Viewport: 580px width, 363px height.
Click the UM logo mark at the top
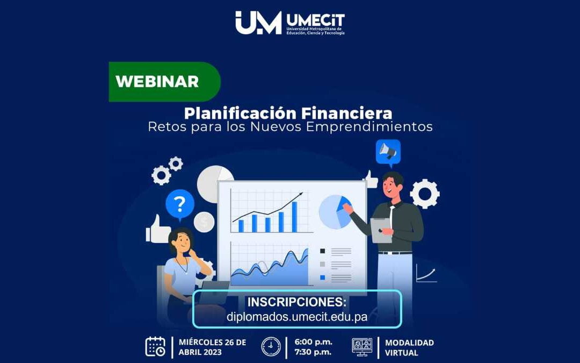click(258, 23)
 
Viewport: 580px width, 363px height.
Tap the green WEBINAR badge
click(158, 82)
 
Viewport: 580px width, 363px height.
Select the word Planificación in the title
click(240, 113)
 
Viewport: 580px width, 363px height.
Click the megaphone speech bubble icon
click(388, 152)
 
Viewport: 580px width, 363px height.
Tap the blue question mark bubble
click(180, 205)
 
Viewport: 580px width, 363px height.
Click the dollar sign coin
click(204, 222)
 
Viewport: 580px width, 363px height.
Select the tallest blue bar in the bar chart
click(294, 217)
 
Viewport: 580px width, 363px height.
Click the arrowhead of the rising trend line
click(300, 195)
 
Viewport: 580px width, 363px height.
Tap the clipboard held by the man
click(381, 230)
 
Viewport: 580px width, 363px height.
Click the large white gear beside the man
click(425, 194)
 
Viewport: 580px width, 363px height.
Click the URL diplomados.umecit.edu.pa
click(297, 317)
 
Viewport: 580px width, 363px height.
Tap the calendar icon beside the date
click(156, 346)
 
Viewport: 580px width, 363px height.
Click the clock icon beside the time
click(271, 346)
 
